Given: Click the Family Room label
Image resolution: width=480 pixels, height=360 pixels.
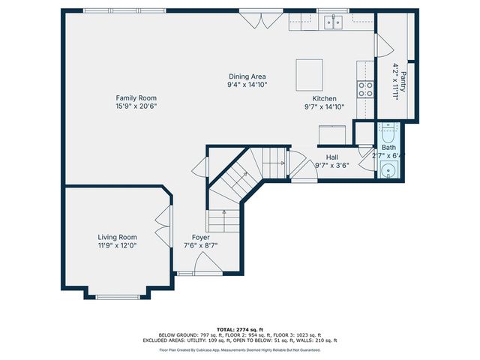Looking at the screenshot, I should click(136, 97).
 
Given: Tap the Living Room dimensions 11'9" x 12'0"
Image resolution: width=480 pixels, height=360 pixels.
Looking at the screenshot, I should click(117, 245).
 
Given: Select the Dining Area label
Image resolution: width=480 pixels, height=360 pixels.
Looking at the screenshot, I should click(247, 76).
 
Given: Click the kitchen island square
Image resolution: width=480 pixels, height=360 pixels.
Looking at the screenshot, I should click(308, 73).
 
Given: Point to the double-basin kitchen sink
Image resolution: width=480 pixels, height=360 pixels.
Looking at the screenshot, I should click(334, 22).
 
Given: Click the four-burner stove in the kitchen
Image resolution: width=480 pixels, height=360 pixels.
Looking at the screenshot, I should click(365, 89).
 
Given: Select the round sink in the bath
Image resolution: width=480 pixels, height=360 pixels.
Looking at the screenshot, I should click(388, 171).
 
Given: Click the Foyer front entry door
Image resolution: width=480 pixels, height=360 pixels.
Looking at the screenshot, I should click(205, 263).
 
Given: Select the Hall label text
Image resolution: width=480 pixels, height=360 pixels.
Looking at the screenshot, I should click(331, 157).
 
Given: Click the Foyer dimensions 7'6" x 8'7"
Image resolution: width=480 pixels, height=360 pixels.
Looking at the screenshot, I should click(200, 245).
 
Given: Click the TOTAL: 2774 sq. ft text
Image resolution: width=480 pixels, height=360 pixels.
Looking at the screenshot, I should click(239, 329).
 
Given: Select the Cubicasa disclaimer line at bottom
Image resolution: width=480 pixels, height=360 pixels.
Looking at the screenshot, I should click(239, 349).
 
